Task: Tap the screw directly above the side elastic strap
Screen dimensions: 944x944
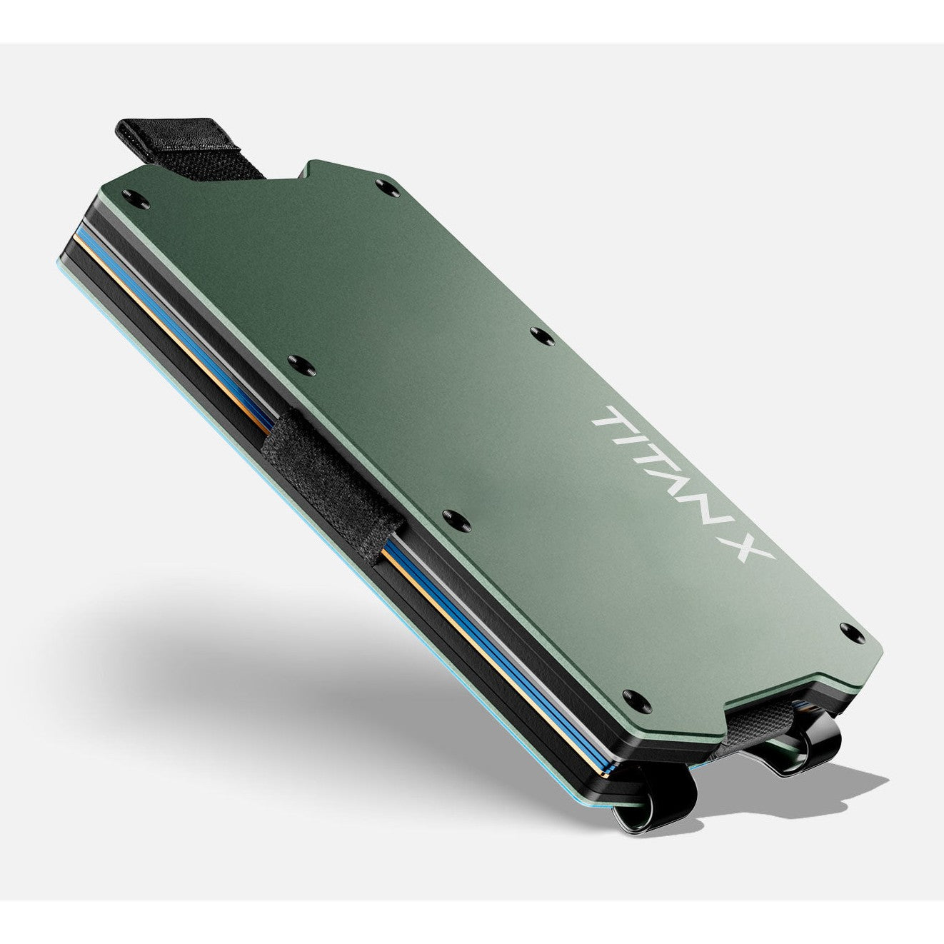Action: [301, 362]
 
